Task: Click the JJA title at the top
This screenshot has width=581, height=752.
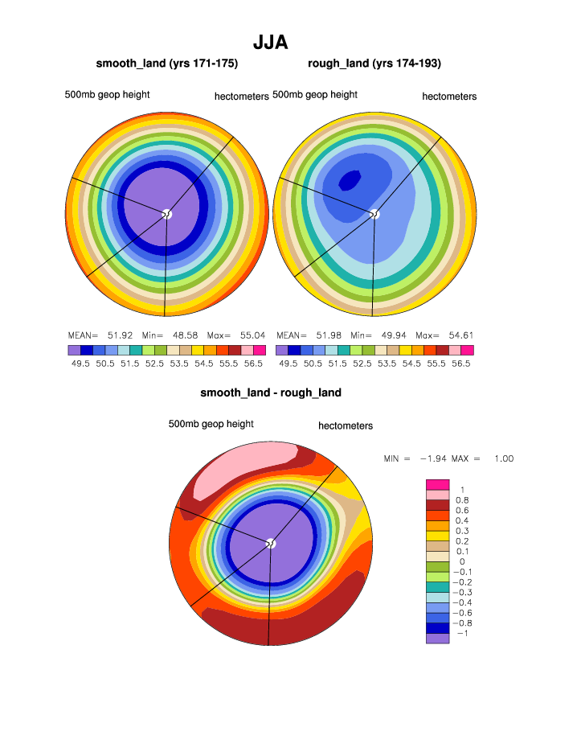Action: coord(270,42)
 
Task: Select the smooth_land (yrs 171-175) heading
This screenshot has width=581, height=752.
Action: coord(166,63)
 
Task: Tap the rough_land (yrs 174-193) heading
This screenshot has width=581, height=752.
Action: coord(374,63)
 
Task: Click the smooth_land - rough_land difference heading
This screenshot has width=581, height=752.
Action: coord(271,392)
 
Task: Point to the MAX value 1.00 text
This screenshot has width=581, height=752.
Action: coord(503,458)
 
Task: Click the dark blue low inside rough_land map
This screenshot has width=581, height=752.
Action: coord(350,180)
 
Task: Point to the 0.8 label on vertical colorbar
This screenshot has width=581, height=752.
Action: coord(462,499)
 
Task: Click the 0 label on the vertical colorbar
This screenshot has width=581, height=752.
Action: coord(462,561)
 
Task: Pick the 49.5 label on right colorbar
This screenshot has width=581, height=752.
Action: coord(288,364)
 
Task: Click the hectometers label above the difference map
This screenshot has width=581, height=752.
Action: coord(346,425)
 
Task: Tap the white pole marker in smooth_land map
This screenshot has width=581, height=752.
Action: coord(166,214)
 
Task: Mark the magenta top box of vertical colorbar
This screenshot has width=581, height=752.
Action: coord(436,483)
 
